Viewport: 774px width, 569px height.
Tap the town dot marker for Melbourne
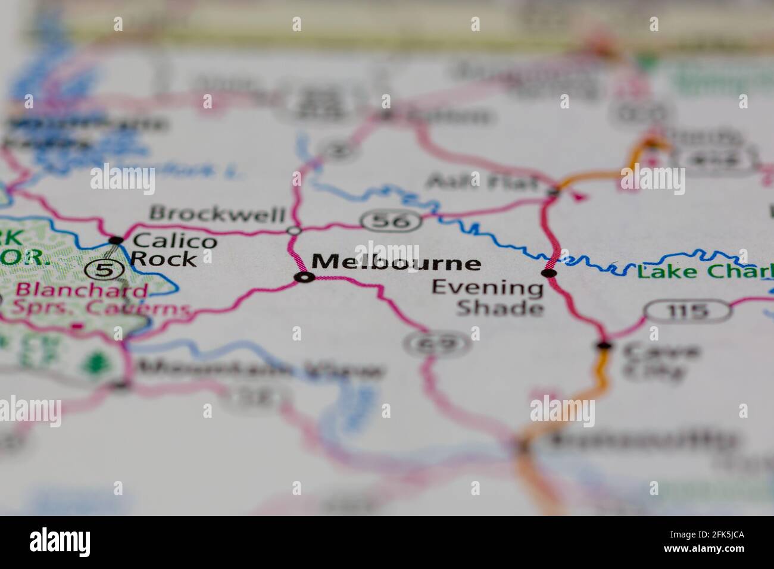pyautogui.click(x=305, y=277)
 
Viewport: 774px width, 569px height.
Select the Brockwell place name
pyautogui.click(x=217, y=213)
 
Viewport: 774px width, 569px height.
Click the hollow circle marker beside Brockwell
pyautogui.click(x=294, y=230)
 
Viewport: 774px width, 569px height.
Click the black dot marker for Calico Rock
pyautogui.click(x=116, y=240)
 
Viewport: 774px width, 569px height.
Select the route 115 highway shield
pyautogui.click(x=688, y=311)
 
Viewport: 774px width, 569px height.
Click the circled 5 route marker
pyautogui.click(x=104, y=270)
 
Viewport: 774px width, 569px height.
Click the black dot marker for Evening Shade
pyautogui.click(x=548, y=273)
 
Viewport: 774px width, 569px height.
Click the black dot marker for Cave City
pyautogui.click(x=604, y=345)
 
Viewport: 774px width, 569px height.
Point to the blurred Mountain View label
pyautogui.click(x=260, y=370)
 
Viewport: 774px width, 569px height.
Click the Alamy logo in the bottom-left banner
pyautogui.click(x=60, y=542)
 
